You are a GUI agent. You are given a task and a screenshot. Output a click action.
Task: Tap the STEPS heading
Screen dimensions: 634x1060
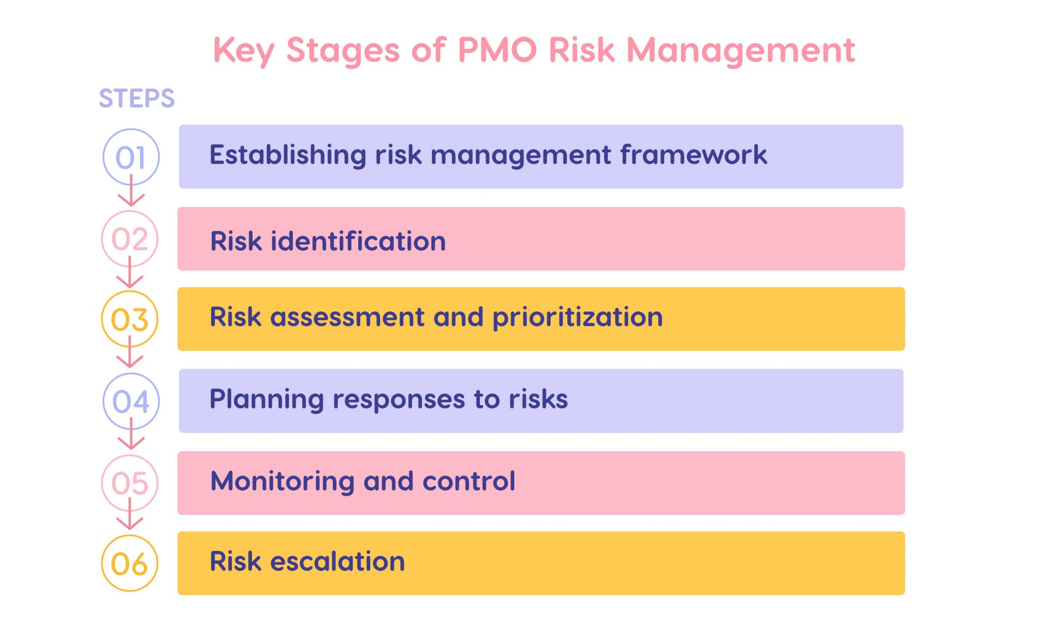click(x=137, y=98)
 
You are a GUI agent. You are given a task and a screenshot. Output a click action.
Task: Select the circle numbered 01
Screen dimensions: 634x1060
click(x=131, y=157)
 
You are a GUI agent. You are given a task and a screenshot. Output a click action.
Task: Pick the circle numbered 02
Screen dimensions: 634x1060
click(x=130, y=238)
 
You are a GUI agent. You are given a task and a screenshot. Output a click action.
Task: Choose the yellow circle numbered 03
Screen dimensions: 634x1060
click(x=130, y=319)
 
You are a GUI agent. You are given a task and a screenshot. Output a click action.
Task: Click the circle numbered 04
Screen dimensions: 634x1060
click(x=131, y=401)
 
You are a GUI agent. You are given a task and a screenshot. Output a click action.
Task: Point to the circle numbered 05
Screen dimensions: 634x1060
click(x=130, y=483)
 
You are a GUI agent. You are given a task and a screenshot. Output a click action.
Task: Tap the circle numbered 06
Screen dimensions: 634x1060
click(x=130, y=563)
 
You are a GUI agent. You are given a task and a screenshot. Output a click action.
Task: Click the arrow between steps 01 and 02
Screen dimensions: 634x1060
click(x=131, y=192)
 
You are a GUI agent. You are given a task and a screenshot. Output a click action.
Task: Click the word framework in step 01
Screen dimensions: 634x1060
click(x=693, y=154)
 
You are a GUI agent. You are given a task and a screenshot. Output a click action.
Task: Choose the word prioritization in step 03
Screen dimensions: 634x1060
click(x=577, y=317)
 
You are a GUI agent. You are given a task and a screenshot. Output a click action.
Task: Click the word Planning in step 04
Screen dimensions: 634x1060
click(x=266, y=399)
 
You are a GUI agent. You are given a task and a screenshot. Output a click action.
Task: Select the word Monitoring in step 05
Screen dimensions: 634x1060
click(x=282, y=481)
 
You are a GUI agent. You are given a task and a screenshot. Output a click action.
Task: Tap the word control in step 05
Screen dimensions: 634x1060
click(x=469, y=481)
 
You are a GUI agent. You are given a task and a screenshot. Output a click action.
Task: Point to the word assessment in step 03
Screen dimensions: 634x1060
click(x=347, y=317)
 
